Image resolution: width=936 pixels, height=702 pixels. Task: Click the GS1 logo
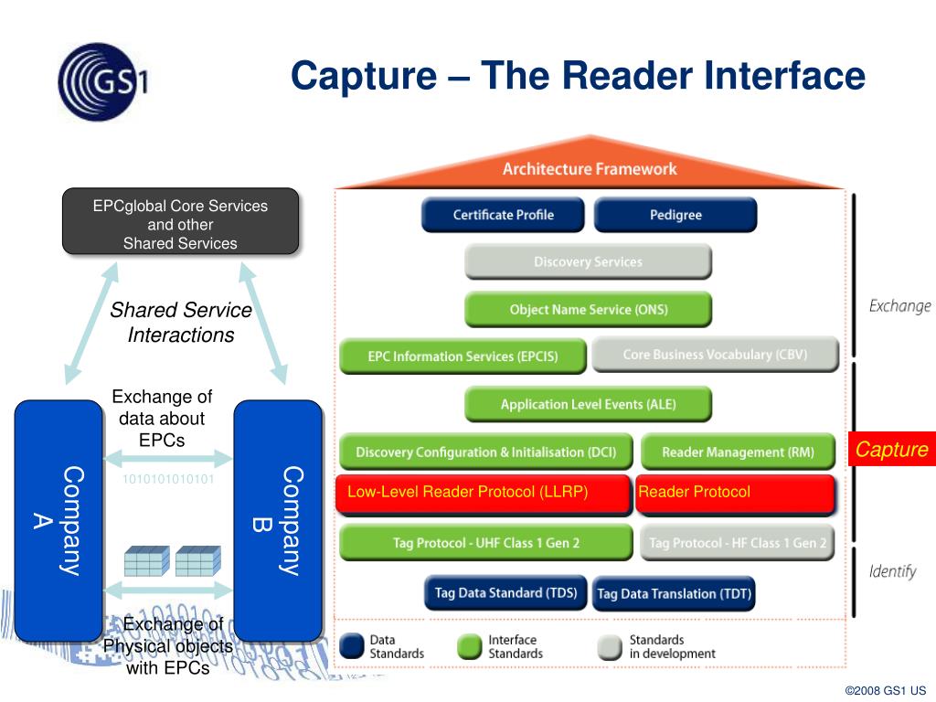(102, 81)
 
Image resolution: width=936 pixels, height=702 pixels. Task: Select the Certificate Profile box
(503, 215)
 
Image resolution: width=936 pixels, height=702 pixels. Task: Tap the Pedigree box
(675, 215)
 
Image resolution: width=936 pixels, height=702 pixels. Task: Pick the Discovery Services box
(588, 261)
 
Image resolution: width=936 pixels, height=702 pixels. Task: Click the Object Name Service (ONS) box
(588, 309)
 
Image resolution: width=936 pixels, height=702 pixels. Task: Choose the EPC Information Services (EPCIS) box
(463, 356)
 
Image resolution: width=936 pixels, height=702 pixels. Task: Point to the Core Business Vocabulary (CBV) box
(715, 355)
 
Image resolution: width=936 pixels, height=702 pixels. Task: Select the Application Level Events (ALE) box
(588, 404)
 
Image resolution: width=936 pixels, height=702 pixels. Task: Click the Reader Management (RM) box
(738, 452)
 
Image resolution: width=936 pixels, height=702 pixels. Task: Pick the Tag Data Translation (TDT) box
(674, 593)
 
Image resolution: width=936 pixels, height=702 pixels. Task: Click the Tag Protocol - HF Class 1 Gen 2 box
(738, 543)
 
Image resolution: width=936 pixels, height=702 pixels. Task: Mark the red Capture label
(892, 449)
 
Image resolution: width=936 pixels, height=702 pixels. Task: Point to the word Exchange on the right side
(899, 306)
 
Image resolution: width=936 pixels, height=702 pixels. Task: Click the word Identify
(892, 571)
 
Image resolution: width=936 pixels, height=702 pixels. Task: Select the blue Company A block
(58, 520)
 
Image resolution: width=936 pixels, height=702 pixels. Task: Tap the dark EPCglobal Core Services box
(180, 221)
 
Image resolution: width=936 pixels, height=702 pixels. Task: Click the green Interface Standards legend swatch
(469, 647)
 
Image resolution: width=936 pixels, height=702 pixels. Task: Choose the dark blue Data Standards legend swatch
(352, 646)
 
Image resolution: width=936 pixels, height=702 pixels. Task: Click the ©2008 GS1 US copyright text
(885, 690)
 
